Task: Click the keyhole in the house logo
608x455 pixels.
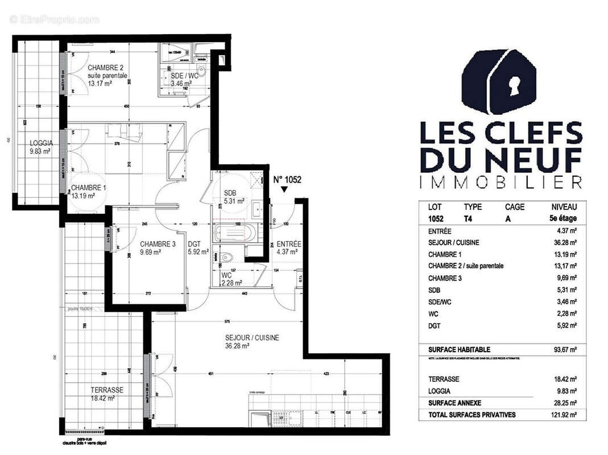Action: tap(516, 86)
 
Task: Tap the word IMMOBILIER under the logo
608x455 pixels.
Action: tap(501, 182)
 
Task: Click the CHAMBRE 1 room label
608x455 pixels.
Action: tap(87, 188)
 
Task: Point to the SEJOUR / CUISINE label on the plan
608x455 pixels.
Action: tap(252, 337)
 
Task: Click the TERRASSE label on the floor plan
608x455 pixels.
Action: tap(107, 390)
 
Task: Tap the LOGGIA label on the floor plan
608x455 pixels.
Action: tap(42, 143)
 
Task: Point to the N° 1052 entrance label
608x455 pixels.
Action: tap(287, 180)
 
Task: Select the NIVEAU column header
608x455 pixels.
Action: tap(564, 207)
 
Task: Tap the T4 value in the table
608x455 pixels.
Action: tap(469, 218)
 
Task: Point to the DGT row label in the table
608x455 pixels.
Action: tap(435, 325)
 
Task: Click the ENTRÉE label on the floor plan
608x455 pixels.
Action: tap(289, 244)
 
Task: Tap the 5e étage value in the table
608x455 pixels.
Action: tap(564, 218)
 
